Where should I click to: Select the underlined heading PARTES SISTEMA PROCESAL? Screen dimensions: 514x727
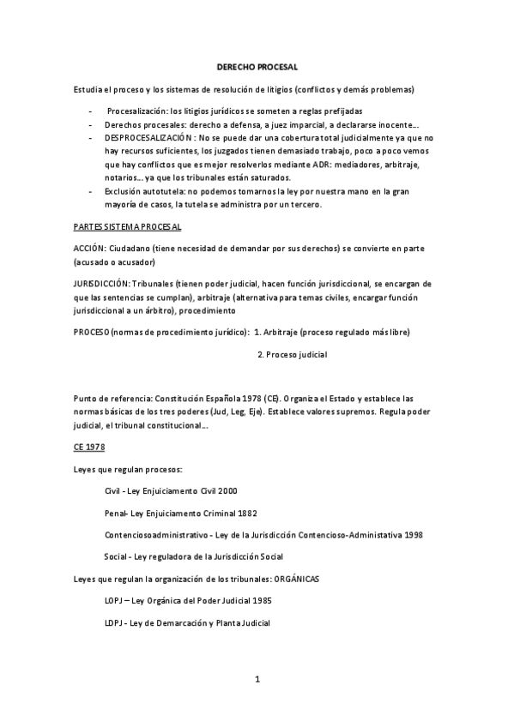(x=127, y=226)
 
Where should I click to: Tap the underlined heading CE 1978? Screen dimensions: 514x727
(x=88, y=448)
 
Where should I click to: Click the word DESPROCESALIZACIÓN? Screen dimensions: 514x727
(x=148, y=137)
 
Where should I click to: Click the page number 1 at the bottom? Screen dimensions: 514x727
(x=257, y=680)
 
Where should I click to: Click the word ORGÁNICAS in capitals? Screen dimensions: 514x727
(x=296, y=580)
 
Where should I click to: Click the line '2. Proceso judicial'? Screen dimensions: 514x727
(x=293, y=354)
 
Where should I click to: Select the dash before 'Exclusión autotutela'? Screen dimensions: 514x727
(x=92, y=190)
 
